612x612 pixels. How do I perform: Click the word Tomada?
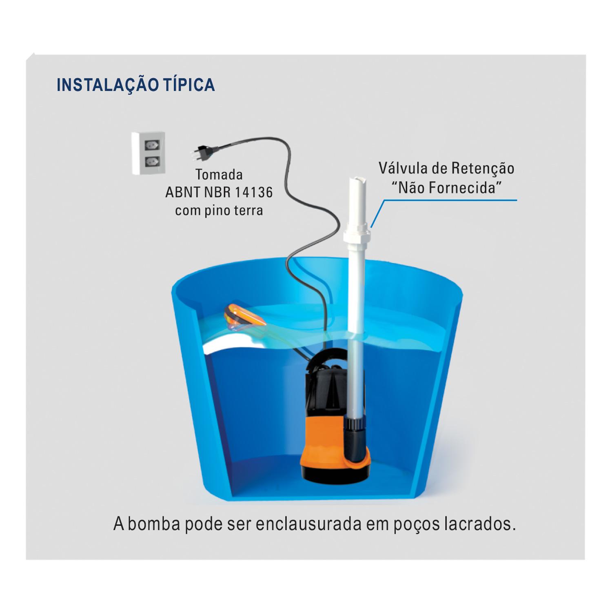[x=219, y=175]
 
